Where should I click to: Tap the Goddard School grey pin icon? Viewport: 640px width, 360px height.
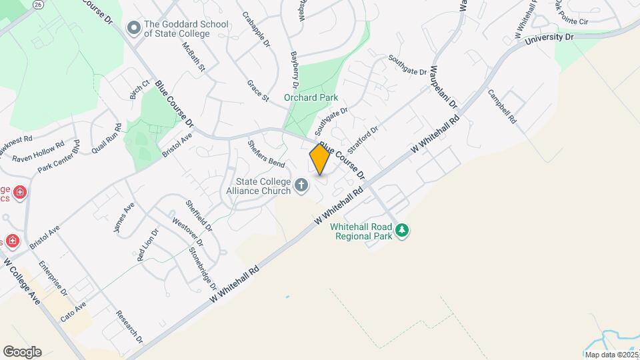(135, 28)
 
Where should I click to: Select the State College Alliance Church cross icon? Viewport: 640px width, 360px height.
(301, 185)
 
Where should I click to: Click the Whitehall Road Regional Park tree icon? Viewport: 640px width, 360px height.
(401, 231)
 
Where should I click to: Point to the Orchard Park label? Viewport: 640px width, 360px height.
(311, 97)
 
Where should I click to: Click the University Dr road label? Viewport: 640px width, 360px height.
(549, 39)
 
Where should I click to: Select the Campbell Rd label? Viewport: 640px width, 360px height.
(502, 107)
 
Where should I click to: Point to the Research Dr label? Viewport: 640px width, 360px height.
(129, 327)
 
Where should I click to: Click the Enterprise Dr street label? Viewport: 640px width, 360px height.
(53, 278)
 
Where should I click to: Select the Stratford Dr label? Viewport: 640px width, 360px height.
(363, 139)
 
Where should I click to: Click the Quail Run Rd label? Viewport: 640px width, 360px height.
(107, 139)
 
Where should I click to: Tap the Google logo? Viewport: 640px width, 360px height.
(22, 352)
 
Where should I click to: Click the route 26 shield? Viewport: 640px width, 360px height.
(38, 4)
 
